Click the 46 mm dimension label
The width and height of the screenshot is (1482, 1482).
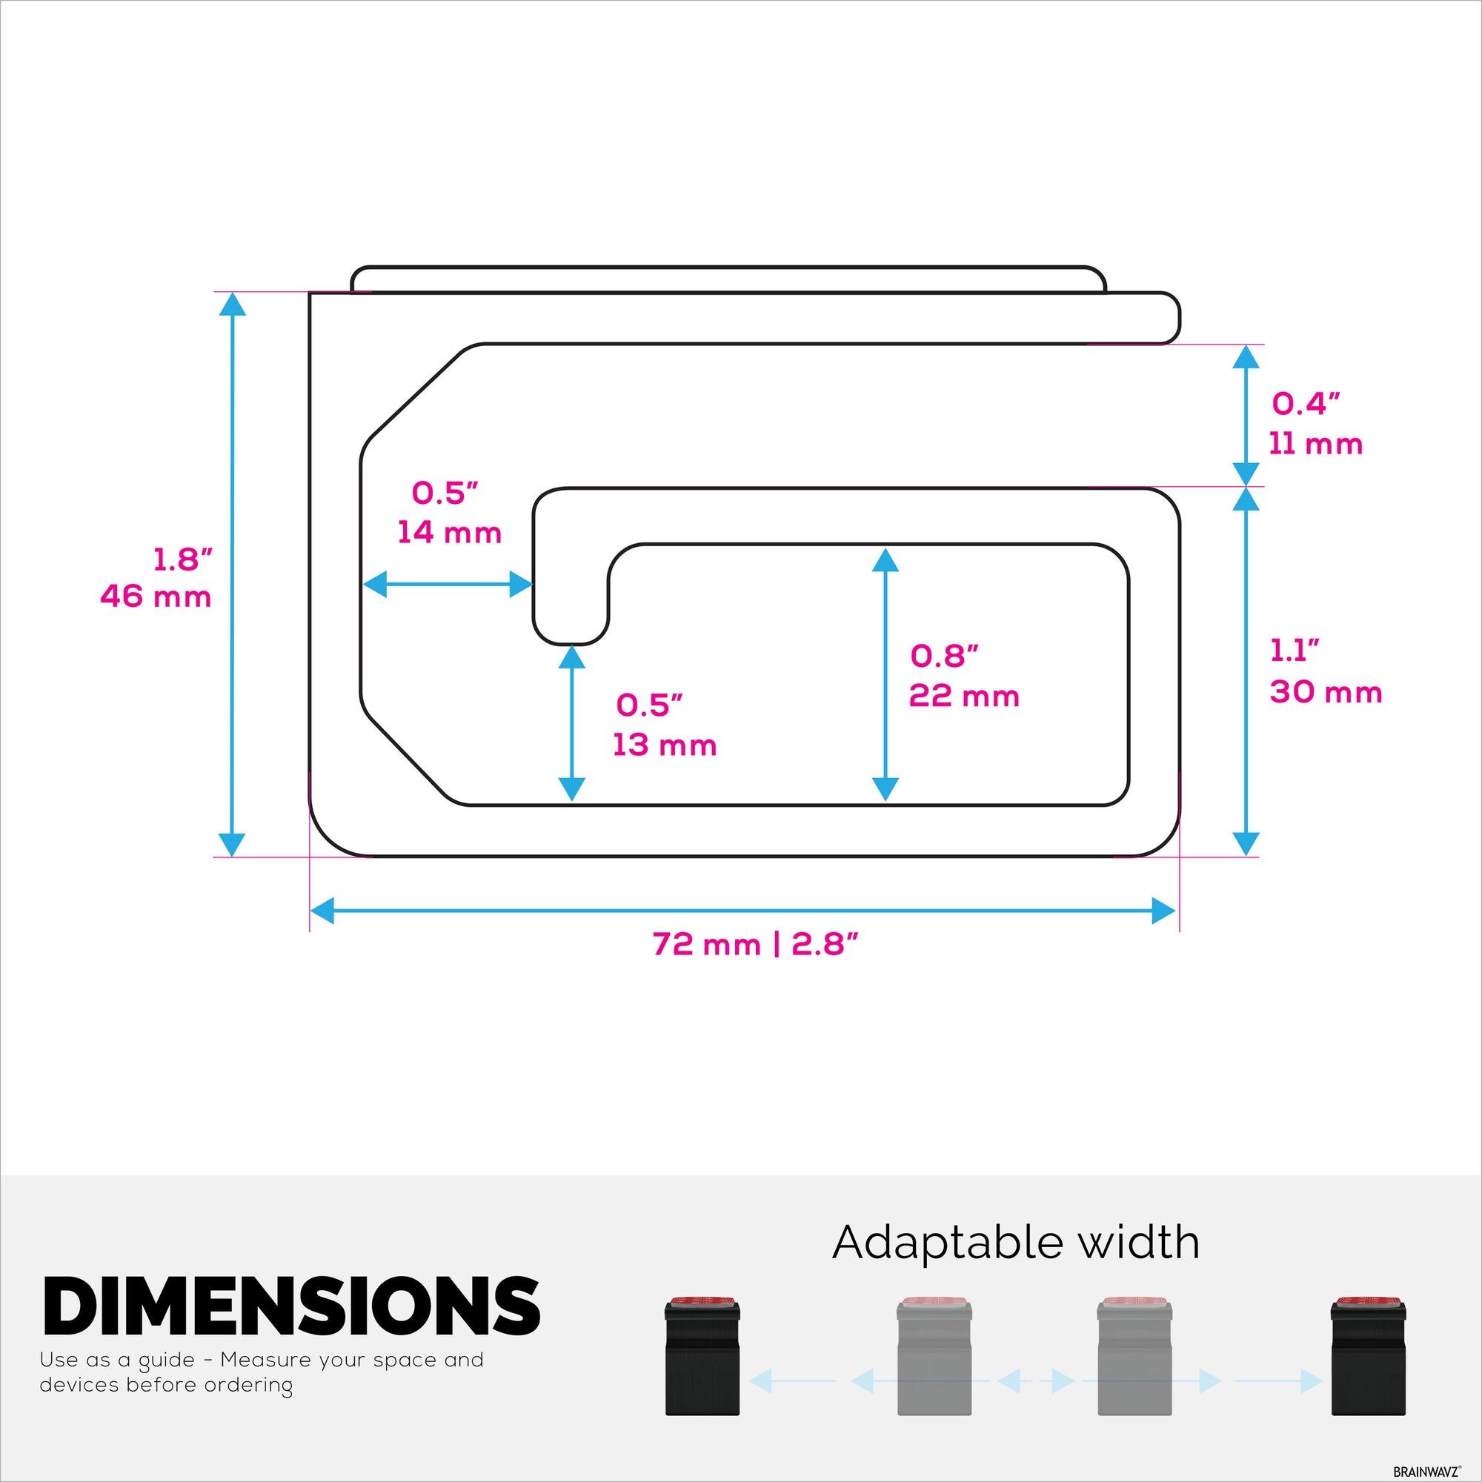156,597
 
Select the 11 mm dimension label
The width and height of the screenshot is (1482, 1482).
1315,444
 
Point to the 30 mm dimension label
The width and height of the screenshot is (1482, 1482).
1326,692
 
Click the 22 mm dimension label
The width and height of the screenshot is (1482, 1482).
964,696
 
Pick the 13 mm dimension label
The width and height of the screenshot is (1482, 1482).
664,745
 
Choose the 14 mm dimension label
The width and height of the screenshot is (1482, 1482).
450,532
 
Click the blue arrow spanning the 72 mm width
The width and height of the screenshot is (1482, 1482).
742,912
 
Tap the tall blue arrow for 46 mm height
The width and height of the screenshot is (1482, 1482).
233,574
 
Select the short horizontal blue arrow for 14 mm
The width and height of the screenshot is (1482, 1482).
448,585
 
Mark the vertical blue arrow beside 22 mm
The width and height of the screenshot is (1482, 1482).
885,675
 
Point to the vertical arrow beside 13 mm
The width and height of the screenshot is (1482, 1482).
571,723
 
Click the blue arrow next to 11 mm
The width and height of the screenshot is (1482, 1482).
1246,415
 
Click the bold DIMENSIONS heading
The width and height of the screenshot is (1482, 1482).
291,1305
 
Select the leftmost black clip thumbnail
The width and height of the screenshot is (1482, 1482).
702,1355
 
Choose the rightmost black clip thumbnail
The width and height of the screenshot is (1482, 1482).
1369,1355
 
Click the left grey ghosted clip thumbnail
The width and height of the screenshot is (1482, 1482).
934,1355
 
